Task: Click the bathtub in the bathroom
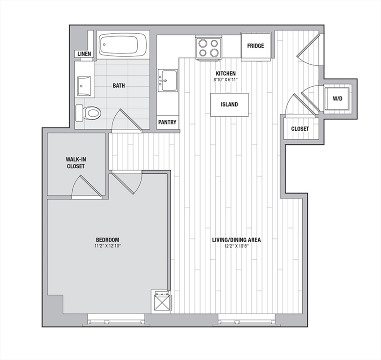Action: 123,45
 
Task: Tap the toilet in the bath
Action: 88,113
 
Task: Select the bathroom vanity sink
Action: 84,86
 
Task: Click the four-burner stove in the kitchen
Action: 209,48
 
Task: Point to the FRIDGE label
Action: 255,45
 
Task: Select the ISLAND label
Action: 229,105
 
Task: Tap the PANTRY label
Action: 167,122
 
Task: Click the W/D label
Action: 337,98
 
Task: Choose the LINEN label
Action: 84,54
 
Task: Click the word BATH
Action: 119,86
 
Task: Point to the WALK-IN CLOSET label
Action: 76,163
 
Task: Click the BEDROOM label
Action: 108,240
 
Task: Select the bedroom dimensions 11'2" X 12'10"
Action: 108,246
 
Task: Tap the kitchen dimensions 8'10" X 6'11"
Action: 226,80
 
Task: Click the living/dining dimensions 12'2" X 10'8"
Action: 236,246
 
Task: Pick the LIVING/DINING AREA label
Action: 236,240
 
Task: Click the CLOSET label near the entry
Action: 300,129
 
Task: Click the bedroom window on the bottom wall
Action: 116,320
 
